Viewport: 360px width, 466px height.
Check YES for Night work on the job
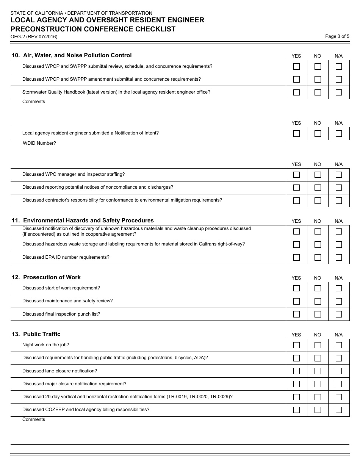296,345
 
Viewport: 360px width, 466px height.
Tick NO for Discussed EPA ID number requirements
318,257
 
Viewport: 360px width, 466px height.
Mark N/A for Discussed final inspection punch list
339,314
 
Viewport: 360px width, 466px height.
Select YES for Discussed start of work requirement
296,288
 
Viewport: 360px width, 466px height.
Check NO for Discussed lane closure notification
318,371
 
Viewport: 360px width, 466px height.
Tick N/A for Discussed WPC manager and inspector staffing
339,175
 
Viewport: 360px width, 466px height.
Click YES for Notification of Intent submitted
296,133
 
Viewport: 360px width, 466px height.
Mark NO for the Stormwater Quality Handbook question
318,92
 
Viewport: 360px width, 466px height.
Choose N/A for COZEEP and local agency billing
339,410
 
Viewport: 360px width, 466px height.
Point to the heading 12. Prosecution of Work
46,277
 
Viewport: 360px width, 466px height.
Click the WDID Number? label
39,143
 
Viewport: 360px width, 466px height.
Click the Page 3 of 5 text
337,36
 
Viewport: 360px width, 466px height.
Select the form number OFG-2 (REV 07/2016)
34,37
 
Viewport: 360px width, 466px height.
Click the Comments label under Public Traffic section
34,419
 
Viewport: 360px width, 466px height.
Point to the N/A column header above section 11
338,221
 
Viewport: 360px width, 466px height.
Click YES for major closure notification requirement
296,384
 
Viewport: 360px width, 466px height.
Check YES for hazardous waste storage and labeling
296,244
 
